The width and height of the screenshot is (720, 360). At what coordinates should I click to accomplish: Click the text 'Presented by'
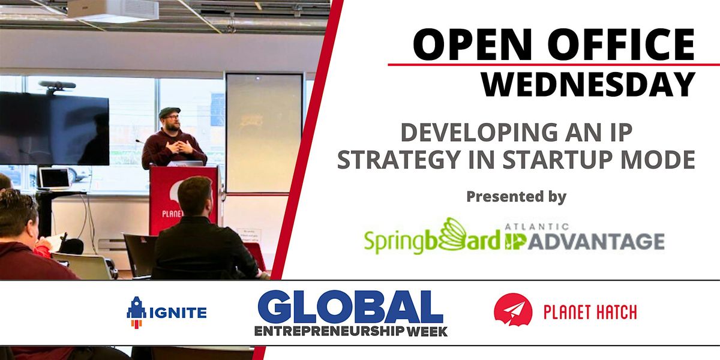coord(516,196)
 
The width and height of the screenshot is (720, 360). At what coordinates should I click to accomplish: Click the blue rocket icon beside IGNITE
coord(136,313)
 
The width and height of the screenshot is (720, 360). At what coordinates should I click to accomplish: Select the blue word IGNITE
coord(178,313)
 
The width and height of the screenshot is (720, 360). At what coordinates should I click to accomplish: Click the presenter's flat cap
coord(170,112)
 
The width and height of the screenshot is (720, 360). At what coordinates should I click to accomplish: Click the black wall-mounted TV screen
coord(54,128)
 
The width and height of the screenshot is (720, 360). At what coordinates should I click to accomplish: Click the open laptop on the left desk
coord(54,178)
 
